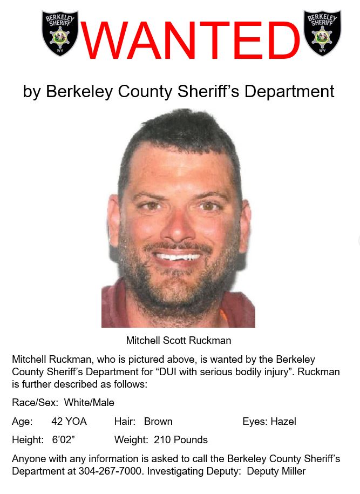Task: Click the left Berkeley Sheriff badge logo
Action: (x=60, y=33)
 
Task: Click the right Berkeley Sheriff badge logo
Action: (x=322, y=33)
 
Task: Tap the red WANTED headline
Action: (x=190, y=41)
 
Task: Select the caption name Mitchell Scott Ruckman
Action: (x=178, y=341)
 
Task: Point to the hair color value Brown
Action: (x=158, y=422)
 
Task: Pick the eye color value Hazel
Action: (x=283, y=422)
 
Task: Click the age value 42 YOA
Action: (x=69, y=422)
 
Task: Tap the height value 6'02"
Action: (x=63, y=440)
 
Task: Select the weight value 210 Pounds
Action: (x=181, y=440)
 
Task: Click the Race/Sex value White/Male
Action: (x=89, y=403)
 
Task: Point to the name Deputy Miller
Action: (x=276, y=471)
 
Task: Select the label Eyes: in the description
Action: (x=255, y=422)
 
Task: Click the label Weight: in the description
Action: (x=132, y=440)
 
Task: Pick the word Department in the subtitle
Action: (x=289, y=91)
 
